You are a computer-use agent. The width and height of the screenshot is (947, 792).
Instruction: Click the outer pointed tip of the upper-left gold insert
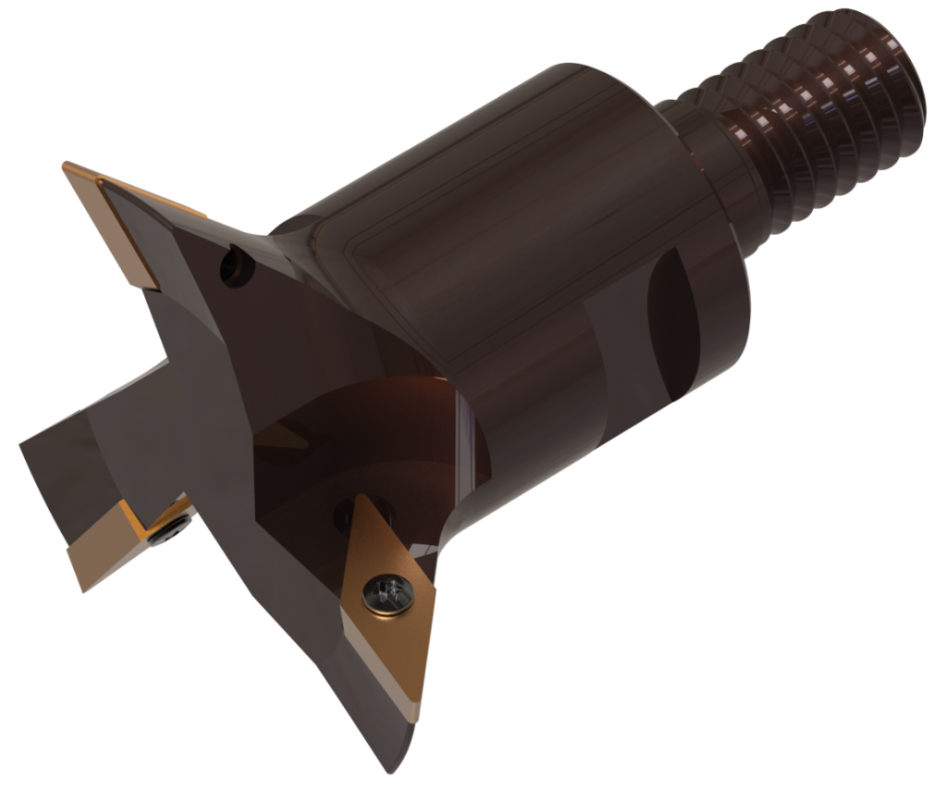pos(67,167)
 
